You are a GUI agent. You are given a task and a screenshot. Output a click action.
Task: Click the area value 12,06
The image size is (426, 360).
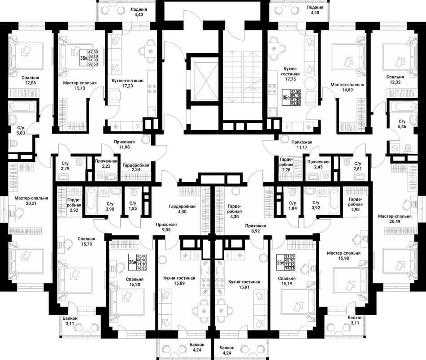[30, 83]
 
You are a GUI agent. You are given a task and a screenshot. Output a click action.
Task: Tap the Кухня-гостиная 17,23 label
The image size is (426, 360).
[127, 83]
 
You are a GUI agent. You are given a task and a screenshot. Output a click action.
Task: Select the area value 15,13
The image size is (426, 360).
[80, 88]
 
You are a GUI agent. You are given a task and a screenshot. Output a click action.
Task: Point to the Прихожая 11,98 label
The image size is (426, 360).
[124, 144]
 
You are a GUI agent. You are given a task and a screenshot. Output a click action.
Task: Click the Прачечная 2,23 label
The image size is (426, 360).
[106, 164]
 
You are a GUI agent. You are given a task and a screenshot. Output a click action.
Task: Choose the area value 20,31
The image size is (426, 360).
[31, 203]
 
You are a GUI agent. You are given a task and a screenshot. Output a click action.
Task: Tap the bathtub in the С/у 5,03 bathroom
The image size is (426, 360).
[22, 107]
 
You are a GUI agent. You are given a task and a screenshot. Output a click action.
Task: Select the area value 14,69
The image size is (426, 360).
[347, 89]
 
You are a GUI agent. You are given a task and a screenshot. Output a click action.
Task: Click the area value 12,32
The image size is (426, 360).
[395, 82]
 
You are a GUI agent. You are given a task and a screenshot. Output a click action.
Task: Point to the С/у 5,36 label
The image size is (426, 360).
[402, 124]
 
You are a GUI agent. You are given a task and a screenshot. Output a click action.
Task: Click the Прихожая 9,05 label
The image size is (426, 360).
[166, 227]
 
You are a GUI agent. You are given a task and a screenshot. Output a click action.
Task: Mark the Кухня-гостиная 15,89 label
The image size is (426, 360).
[179, 280]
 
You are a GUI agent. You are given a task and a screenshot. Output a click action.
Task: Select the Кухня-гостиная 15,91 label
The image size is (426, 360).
[244, 284]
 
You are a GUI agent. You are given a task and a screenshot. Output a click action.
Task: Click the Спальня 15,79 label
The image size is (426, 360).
[87, 241]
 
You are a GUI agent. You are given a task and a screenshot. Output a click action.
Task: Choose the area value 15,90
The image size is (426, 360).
[343, 258]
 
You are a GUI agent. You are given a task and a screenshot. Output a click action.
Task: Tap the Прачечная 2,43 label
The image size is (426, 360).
[318, 164]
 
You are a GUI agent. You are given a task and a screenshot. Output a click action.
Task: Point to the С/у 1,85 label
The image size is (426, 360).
[133, 205]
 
